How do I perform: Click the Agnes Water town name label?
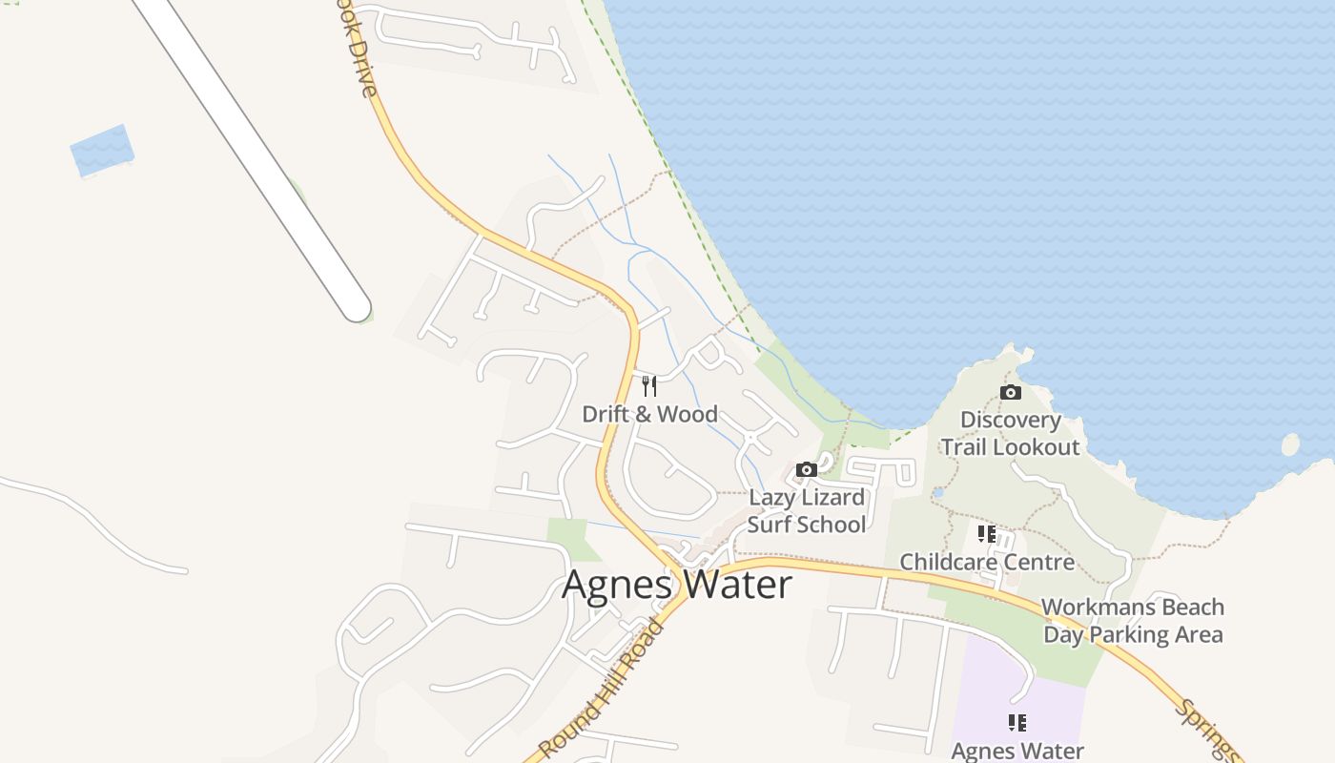point(676,584)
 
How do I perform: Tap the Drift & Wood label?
point(649,414)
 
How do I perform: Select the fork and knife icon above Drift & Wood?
point(649,385)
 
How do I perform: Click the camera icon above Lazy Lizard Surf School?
point(807,469)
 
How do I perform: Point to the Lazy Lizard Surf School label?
point(807,510)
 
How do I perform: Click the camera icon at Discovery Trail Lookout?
point(1011,392)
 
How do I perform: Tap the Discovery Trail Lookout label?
point(1011,433)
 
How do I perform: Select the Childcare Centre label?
point(987,562)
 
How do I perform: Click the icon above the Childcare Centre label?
point(987,534)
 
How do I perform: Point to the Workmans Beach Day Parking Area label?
point(1133,620)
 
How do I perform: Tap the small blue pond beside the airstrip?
point(101,150)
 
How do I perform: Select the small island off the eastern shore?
point(1290,444)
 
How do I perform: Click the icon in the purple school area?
point(1017,722)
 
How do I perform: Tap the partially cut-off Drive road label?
point(359,57)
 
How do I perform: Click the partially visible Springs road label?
point(1205,729)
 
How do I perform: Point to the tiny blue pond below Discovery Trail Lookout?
point(938,493)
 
